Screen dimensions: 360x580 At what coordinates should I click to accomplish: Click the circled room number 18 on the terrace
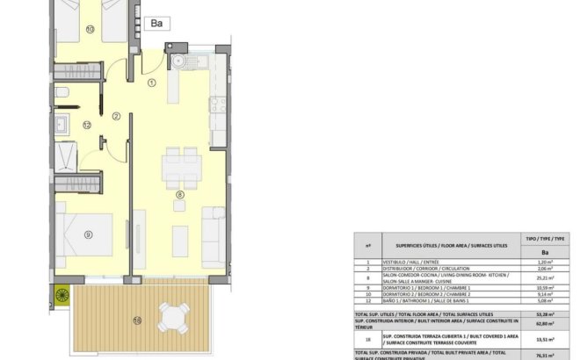(136, 319)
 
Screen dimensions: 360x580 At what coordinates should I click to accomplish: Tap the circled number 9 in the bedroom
(88, 234)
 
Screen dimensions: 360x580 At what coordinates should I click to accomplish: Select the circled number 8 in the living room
(179, 195)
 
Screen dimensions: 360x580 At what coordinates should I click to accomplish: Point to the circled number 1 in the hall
(151, 84)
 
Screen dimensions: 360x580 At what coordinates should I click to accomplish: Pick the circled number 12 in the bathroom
(87, 125)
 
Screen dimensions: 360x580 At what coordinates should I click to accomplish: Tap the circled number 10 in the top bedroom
(90, 29)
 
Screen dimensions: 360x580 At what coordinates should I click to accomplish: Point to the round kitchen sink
(178, 61)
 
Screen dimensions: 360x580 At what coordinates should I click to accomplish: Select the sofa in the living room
(213, 225)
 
